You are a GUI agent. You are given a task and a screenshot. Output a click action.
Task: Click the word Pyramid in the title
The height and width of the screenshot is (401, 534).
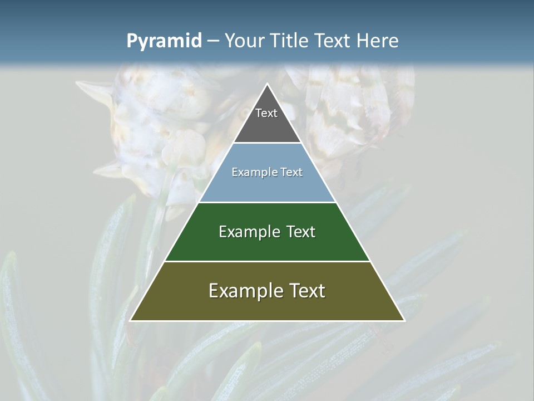click(x=164, y=41)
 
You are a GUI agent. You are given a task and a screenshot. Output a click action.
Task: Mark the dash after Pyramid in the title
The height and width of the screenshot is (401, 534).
click(x=213, y=41)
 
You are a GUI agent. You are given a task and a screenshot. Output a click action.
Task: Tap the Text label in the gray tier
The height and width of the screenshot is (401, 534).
click(x=266, y=113)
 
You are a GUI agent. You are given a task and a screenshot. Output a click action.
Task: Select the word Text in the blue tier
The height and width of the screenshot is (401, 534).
click(x=291, y=172)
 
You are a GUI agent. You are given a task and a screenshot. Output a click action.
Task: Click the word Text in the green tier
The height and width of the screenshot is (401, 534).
click(x=301, y=232)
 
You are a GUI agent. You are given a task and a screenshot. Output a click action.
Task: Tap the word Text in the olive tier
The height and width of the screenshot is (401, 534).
click(x=306, y=291)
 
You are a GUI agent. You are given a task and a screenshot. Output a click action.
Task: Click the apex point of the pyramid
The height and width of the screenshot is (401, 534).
click(x=267, y=85)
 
